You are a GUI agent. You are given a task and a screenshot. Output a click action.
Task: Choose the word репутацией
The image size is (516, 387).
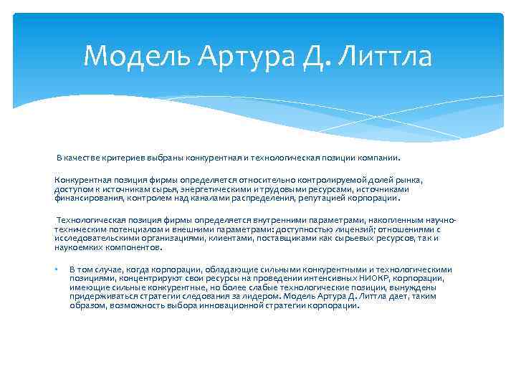point(320,196)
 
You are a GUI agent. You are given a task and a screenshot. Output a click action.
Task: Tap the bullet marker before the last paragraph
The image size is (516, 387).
point(55,269)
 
